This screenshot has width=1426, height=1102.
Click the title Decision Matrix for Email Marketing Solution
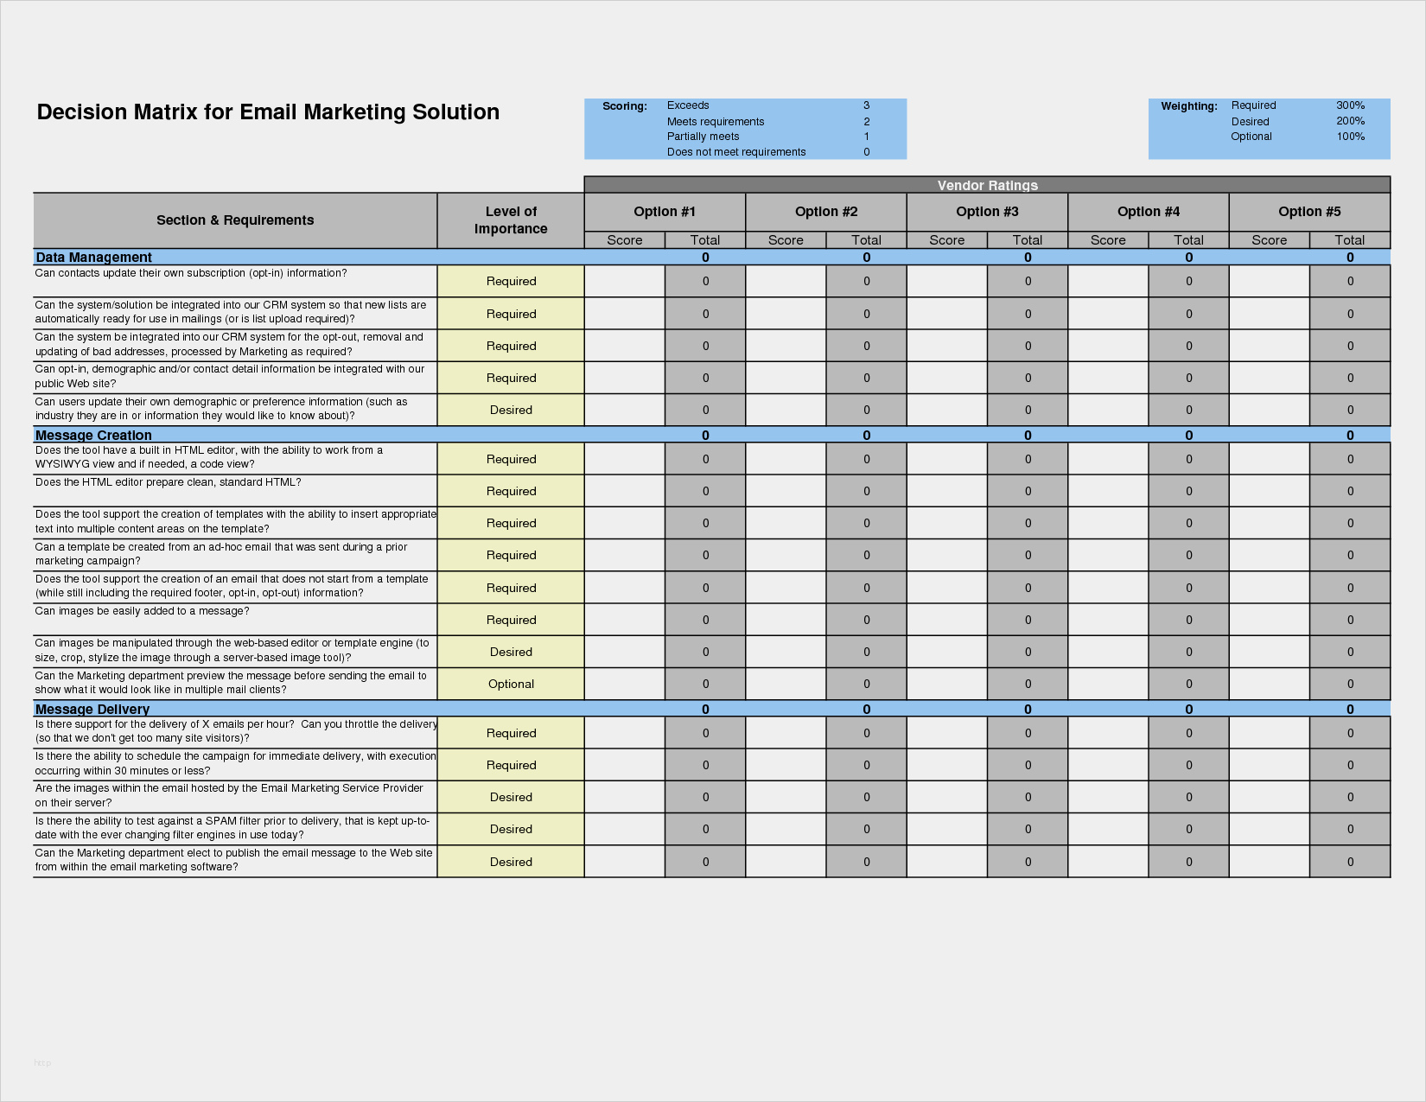(x=268, y=112)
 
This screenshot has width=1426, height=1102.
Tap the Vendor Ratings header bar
(x=987, y=185)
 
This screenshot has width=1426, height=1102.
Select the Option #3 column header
(x=987, y=212)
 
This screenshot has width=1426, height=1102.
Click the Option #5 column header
(x=1309, y=212)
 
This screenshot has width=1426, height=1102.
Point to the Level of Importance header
(x=511, y=220)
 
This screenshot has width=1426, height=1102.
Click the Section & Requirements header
(x=235, y=220)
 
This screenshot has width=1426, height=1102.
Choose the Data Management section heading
(x=93, y=258)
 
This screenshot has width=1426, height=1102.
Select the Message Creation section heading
(x=93, y=436)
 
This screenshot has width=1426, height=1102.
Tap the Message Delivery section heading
(x=92, y=710)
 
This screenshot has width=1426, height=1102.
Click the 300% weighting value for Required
(x=1350, y=105)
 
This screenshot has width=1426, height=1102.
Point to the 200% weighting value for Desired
(x=1350, y=121)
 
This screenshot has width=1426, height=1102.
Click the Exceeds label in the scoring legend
(x=688, y=105)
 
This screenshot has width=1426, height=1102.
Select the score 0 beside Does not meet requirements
(x=867, y=152)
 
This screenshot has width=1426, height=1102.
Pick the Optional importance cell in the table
(x=511, y=685)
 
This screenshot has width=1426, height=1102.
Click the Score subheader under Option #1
(x=624, y=240)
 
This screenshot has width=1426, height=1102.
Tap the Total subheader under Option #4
(x=1188, y=240)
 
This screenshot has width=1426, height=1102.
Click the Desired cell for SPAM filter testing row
(x=511, y=830)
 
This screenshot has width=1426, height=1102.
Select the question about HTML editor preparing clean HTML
(x=169, y=482)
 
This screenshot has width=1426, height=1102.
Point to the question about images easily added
(x=142, y=611)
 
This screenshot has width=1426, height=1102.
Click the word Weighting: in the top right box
(x=1188, y=106)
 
